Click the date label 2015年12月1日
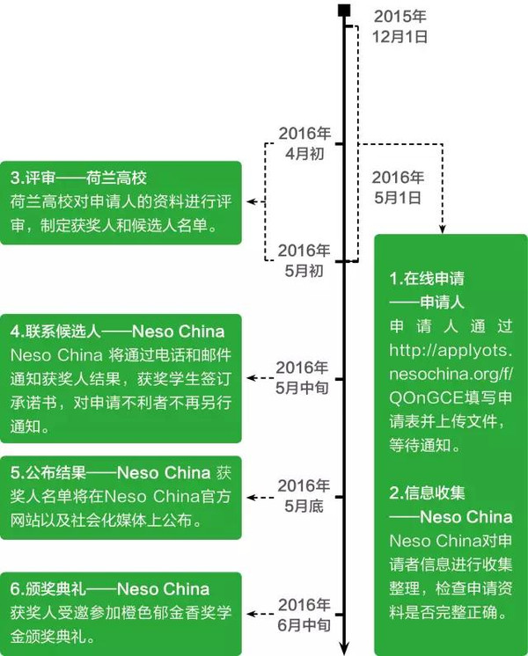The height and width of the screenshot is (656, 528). pos(400,26)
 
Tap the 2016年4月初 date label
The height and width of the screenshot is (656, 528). pos(304,143)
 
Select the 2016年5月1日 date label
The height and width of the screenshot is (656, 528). pos(398,187)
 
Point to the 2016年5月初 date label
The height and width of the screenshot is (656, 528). pos(304,260)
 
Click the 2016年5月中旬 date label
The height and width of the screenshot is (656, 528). pos(302,378)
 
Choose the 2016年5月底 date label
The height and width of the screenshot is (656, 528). pos(304,496)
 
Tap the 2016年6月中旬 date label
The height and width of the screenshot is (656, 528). pos(304,615)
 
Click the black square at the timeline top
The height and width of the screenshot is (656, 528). pos(344,11)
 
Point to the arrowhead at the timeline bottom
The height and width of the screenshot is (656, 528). pos(344,647)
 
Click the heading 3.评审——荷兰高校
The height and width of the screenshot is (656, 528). pos(78,178)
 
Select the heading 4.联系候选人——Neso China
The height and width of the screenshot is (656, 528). pos(118,332)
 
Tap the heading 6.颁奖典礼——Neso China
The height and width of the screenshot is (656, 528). pos(110,589)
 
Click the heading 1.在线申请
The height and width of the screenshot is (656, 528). pos(427,278)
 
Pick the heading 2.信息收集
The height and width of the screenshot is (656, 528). pos(427,492)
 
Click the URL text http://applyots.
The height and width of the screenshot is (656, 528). pos(451,350)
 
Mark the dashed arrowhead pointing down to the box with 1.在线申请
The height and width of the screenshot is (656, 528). pos(442,229)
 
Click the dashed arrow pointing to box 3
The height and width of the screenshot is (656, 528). pos(256,201)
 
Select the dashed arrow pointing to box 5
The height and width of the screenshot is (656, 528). pos(260,498)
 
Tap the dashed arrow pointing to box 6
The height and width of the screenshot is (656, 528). pos(260,614)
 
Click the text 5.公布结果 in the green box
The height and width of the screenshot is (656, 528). pos(48,473)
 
